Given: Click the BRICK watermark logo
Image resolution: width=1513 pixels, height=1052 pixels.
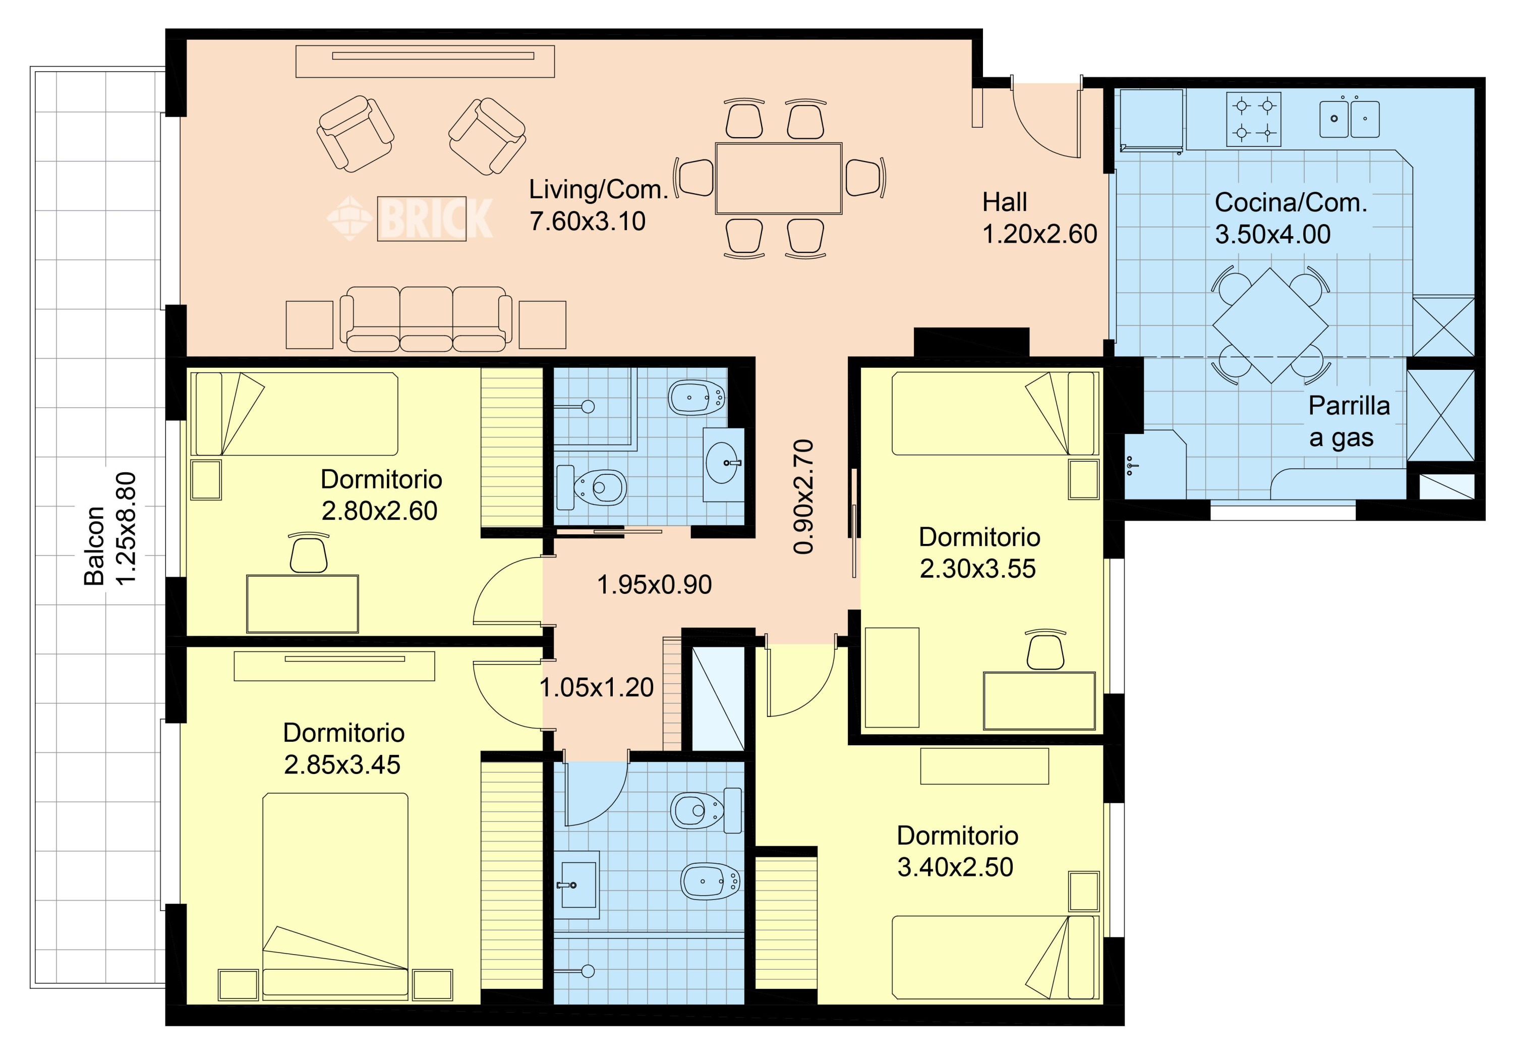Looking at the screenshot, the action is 410,217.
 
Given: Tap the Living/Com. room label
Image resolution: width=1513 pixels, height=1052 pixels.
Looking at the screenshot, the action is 598,189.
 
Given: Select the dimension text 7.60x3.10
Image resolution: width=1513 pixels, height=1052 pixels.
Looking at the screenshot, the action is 588,222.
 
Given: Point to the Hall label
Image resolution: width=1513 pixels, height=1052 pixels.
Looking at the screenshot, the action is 1005,202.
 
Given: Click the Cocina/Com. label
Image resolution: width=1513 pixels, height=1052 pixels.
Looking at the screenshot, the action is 1291,202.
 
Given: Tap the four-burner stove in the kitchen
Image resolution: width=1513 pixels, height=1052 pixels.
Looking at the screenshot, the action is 1253,119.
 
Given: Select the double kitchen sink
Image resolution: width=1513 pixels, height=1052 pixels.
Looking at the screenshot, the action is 1350,118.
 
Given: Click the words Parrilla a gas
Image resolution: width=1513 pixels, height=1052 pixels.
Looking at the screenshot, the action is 1348,422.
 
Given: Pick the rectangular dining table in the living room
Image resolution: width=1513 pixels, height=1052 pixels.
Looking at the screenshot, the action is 779,179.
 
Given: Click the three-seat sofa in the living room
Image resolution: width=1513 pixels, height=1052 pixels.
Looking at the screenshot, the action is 426,318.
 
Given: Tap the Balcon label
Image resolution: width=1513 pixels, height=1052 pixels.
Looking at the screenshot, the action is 94,546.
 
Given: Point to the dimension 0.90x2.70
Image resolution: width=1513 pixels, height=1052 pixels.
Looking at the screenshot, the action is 803,496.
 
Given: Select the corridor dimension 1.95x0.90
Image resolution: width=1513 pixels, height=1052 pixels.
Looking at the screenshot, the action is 654,585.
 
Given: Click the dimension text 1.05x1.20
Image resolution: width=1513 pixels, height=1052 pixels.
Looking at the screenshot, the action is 596,688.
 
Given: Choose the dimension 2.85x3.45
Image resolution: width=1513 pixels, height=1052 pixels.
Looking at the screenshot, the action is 342,764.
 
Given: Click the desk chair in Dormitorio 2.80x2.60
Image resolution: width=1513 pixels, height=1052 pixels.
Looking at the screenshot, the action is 308,553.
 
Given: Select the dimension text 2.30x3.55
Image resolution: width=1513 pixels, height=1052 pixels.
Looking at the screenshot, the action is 977,569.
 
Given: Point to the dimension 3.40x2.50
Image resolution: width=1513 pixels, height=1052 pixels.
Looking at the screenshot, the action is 955,867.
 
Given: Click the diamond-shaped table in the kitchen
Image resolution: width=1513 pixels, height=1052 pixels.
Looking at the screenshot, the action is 1270,325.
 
